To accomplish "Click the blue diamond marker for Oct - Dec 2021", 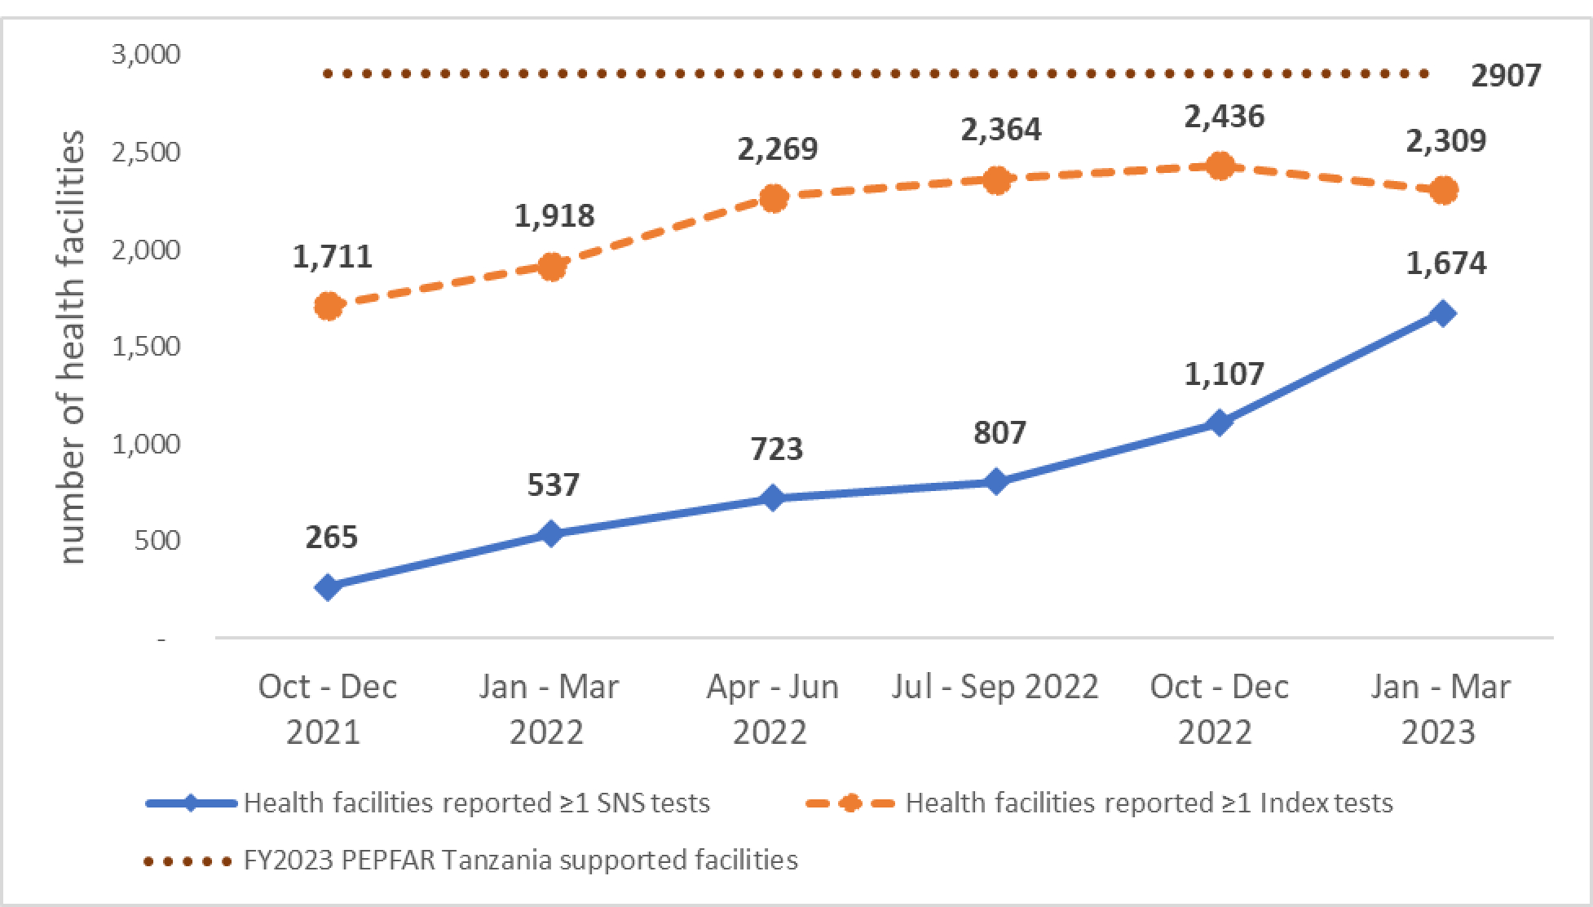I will [x=328, y=587].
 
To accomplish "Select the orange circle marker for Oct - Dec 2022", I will [x=1220, y=166].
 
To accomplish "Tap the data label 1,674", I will [x=1446, y=263].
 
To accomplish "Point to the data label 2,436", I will [x=1224, y=117].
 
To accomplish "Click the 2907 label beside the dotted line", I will [x=1506, y=76].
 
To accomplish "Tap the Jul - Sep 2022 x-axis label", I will [x=995, y=687].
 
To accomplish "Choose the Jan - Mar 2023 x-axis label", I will [x=1440, y=709].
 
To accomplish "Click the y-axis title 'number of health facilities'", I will [x=73, y=347].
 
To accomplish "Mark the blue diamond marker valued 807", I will [x=995, y=482].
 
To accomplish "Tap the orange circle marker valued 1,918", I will [x=551, y=267].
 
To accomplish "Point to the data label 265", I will [x=332, y=538].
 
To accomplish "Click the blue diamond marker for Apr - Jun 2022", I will [x=773, y=498].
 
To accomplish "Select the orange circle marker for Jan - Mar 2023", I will [x=1443, y=191].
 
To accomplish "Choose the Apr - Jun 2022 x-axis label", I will [x=772, y=709].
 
